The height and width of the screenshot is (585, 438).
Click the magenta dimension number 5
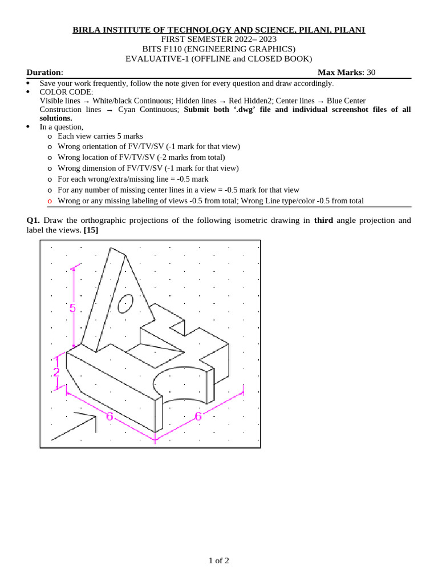tap(72, 308)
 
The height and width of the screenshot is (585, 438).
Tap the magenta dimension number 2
tap(56, 372)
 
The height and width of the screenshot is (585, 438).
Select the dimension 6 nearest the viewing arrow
tap(109, 416)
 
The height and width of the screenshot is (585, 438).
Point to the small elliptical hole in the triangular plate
tap(125, 303)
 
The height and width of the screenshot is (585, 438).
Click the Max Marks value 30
tap(371, 72)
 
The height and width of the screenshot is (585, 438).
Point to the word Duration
tap(44, 72)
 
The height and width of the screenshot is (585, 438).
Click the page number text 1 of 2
tap(218, 560)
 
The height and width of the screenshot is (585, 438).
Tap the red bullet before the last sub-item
tap(50, 201)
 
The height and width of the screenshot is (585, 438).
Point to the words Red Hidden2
tap(251, 101)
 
